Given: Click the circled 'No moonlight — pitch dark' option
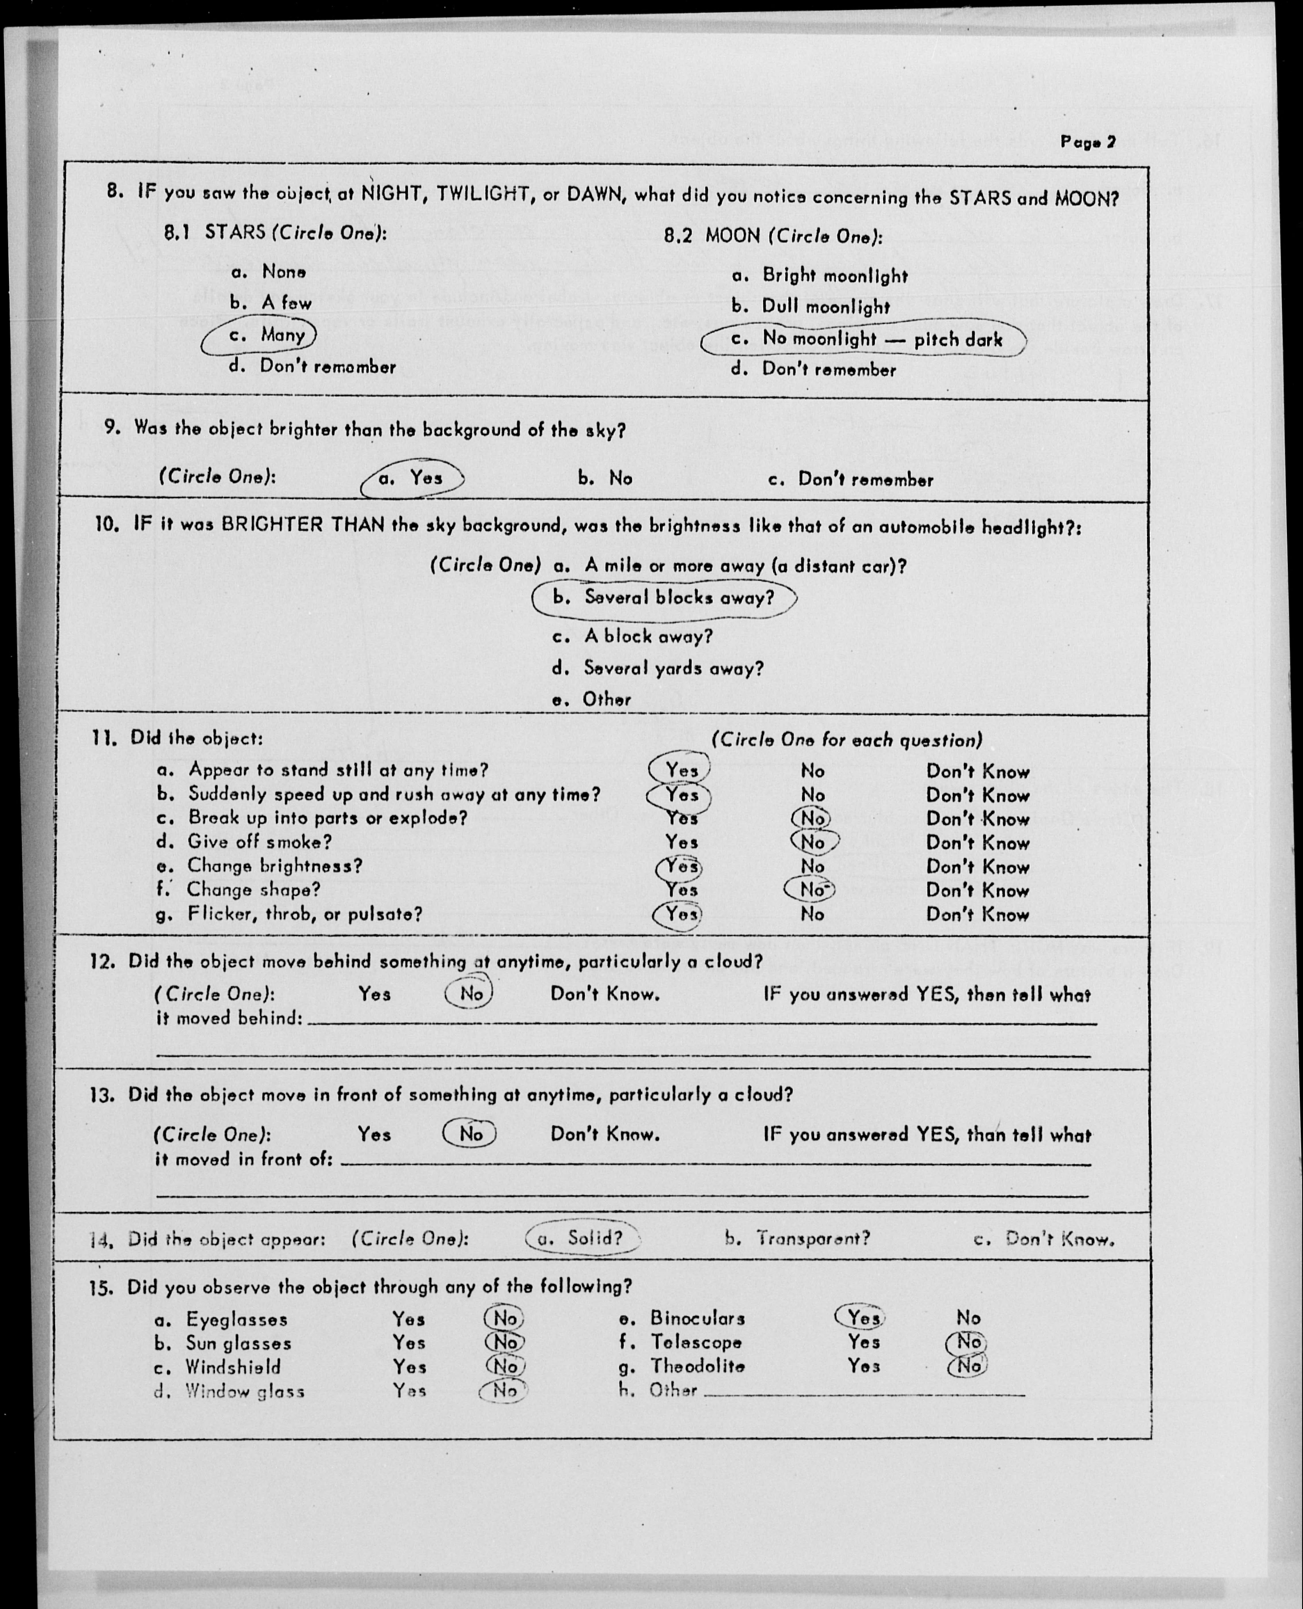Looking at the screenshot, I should click(864, 339).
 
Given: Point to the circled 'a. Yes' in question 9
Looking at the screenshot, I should click(412, 478).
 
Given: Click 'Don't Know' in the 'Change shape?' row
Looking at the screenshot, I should click(977, 891).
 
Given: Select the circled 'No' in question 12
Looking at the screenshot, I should click(470, 994).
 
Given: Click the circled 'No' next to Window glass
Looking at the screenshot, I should click(504, 1391).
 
